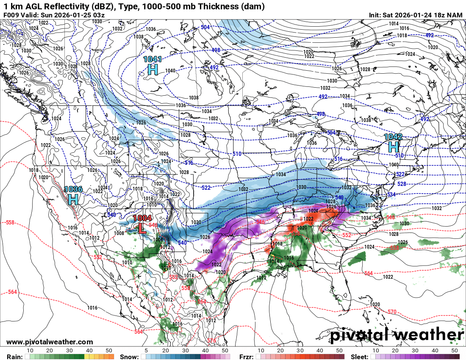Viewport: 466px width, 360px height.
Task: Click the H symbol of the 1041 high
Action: pos(153,69)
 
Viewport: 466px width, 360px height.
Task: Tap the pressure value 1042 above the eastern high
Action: pos(393,137)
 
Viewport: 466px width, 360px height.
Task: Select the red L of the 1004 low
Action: pos(142,229)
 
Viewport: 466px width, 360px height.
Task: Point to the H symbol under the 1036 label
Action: pos(73,199)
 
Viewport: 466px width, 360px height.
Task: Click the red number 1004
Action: pos(142,218)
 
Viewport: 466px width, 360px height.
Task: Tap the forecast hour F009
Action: pos(11,15)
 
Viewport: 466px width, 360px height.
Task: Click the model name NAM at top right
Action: pos(455,15)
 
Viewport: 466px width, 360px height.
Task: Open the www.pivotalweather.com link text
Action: pos(50,342)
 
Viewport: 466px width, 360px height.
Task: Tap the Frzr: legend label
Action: pos(246,357)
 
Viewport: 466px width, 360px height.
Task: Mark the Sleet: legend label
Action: pos(361,357)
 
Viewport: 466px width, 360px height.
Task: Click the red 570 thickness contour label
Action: pos(392,312)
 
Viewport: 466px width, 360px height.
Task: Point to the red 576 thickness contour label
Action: pos(211,341)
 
